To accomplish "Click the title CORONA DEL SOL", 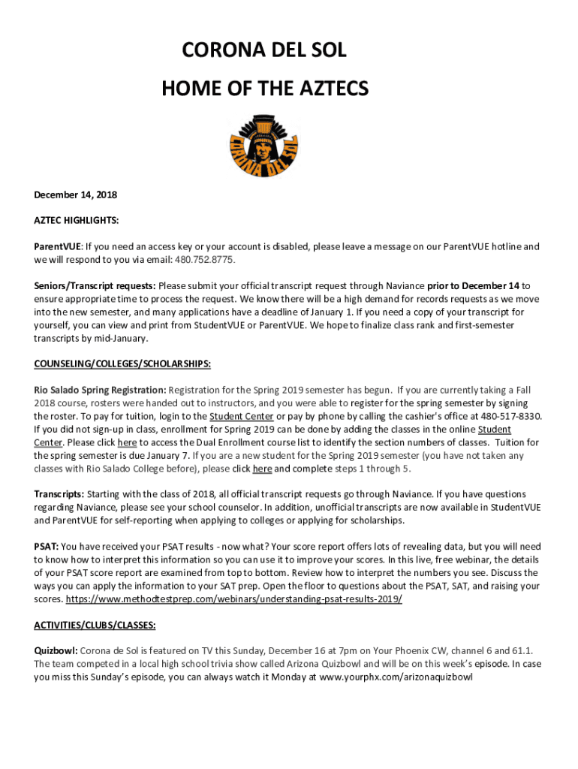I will click(265, 51).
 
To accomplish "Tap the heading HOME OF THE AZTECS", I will click(265, 89).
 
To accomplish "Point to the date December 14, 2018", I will click(75, 195).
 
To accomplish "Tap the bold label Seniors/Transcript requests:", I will click(95, 286).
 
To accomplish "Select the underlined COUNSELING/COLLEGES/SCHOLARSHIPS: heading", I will click(122, 364).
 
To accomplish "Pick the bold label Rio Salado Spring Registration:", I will click(100, 391).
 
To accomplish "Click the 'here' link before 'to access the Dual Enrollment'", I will click(127, 443).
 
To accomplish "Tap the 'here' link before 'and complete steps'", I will click(262, 469).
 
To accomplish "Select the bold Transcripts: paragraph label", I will click(59, 495).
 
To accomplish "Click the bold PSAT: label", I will click(46, 547).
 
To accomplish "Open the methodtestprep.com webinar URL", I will click(234, 599).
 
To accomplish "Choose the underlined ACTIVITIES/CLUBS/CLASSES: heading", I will click(95, 625).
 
